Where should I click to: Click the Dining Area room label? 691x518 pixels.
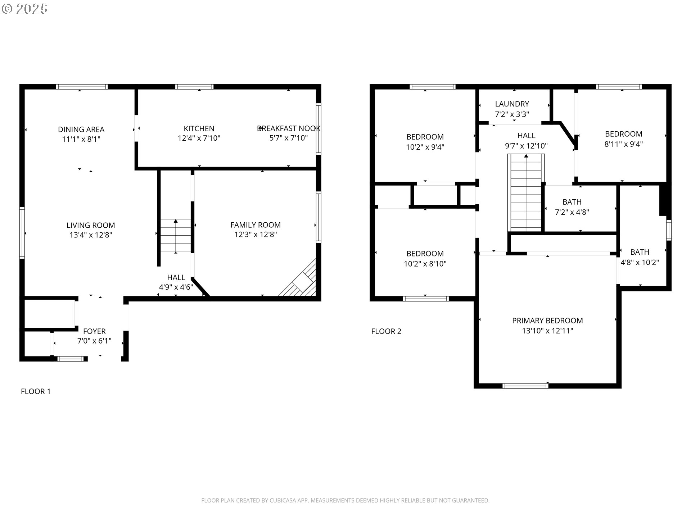pos(81,129)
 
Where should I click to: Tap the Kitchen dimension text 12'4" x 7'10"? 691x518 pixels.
pos(199,138)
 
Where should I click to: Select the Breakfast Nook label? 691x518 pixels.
pos(289,128)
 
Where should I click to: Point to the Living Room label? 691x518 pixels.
pos(91,225)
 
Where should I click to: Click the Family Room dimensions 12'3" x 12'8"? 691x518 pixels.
pos(255,235)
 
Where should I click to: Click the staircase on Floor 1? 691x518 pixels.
pos(176,236)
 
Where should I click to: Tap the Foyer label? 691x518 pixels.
pos(94,331)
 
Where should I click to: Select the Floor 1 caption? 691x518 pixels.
pos(36,391)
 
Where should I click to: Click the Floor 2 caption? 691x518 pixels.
pos(386,331)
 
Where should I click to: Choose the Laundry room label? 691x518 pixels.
pos(512,104)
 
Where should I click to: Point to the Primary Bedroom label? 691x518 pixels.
pos(547,321)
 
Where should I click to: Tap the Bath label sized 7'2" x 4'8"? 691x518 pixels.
pos(572,202)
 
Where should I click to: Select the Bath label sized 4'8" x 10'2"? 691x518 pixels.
pos(640,252)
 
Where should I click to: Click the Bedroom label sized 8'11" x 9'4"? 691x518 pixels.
pos(623,134)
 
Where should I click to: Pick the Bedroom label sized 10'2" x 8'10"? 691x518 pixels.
pos(425,254)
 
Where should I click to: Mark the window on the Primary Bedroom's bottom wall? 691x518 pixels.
pos(525,386)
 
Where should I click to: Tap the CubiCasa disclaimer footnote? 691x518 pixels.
pos(345,500)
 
